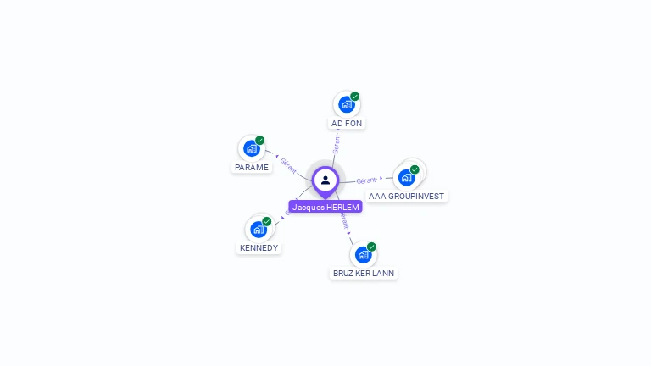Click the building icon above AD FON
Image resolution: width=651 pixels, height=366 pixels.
point(346,104)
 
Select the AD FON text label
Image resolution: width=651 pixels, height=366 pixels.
point(347,124)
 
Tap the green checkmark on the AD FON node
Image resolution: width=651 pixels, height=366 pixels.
point(355,97)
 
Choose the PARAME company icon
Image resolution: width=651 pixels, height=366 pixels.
point(251,148)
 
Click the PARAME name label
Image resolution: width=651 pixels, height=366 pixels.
point(252,168)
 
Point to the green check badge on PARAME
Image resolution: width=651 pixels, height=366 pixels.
point(260,141)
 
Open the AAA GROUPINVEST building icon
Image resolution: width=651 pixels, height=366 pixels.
point(406,177)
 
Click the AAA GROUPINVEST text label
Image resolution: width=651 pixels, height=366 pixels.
point(407,197)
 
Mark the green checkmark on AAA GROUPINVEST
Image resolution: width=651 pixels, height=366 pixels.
point(415,169)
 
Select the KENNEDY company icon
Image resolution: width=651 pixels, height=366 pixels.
point(258,229)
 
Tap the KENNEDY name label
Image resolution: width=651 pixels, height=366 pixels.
point(259,248)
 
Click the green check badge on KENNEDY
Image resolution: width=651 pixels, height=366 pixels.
point(267,221)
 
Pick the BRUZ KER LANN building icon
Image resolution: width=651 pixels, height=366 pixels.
point(363,254)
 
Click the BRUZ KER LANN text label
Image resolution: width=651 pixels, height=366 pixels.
point(364,274)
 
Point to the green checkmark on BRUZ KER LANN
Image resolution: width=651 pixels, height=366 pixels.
point(371,247)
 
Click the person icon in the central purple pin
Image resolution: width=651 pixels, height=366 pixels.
point(325,180)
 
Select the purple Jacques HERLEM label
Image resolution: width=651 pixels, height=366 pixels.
point(325,207)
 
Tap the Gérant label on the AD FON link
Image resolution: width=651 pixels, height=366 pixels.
point(337,143)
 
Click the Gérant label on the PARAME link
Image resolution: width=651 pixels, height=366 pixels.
point(288,165)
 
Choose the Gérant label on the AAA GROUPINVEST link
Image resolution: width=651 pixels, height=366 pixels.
point(366,180)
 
